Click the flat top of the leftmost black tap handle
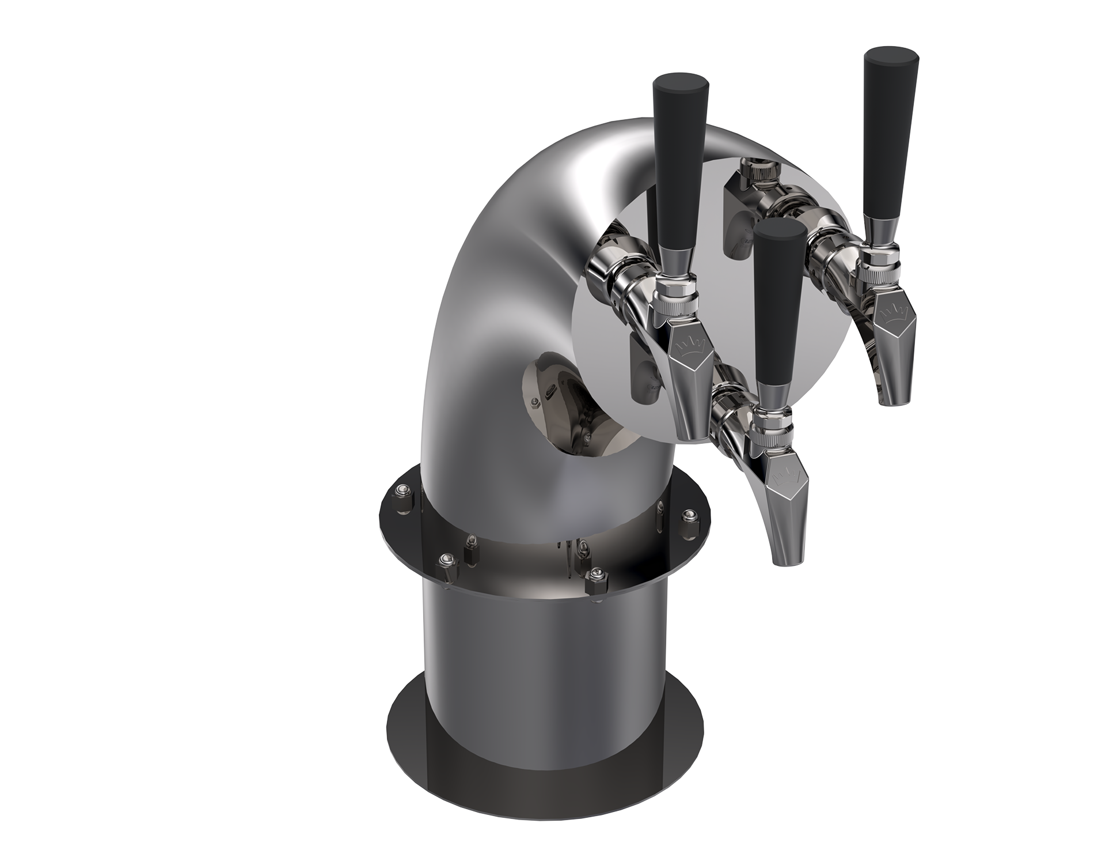[x=681, y=81]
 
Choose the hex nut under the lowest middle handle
[x=773, y=417]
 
